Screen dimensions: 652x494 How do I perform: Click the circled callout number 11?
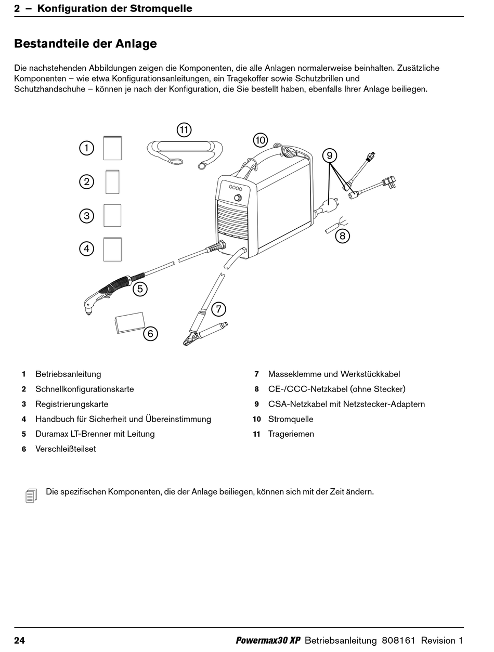[x=184, y=129]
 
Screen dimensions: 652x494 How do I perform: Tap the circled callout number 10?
[x=260, y=140]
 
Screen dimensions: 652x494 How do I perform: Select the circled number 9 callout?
[x=329, y=155]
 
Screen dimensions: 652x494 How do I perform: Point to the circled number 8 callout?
[x=342, y=236]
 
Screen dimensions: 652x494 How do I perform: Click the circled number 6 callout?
[x=150, y=333]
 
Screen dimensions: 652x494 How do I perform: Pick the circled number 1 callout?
[x=86, y=148]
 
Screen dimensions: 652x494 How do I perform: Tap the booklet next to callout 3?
[x=112, y=215]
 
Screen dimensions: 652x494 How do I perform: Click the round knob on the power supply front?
[x=238, y=198]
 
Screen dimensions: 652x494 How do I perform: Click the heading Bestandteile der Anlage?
[x=85, y=44]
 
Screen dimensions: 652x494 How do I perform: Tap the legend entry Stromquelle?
[x=291, y=419]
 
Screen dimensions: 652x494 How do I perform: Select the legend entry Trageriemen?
[x=291, y=434]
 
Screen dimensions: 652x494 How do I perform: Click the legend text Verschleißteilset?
[x=66, y=449]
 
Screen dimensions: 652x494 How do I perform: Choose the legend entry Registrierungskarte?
[x=72, y=404]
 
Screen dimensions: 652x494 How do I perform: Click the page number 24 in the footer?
[x=19, y=640]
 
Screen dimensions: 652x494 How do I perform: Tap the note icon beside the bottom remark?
[x=31, y=495]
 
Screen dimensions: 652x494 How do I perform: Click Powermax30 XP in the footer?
[x=268, y=640]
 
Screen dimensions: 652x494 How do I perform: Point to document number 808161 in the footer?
[x=398, y=640]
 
